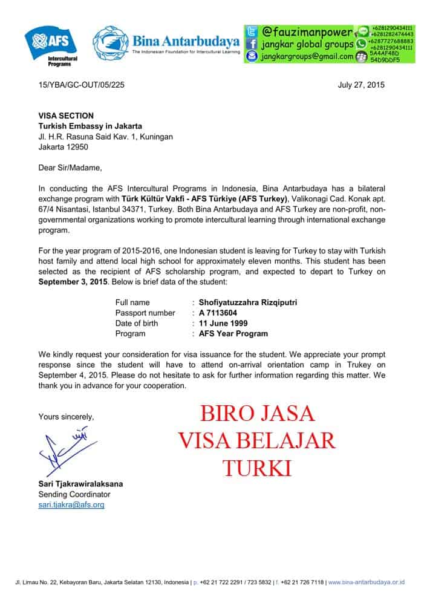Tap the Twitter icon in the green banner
pyautogui.click(x=252, y=31)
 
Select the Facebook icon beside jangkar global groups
pyautogui.click(x=252, y=44)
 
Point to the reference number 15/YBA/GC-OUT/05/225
pyautogui.click(x=83, y=85)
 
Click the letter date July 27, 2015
pyautogui.click(x=360, y=85)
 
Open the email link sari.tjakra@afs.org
pyautogui.click(x=71, y=504)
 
